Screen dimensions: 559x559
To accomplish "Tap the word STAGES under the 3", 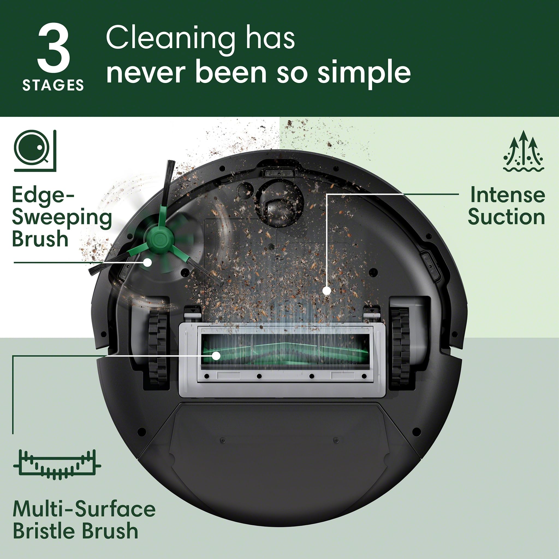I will [x=53, y=85].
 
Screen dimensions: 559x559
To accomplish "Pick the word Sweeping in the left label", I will [x=62, y=218].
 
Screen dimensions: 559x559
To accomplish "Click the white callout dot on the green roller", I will [x=216, y=356].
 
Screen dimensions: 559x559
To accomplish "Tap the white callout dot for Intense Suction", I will [x=327, y=290].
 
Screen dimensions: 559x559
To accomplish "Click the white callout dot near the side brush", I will [x=148, y=262].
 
